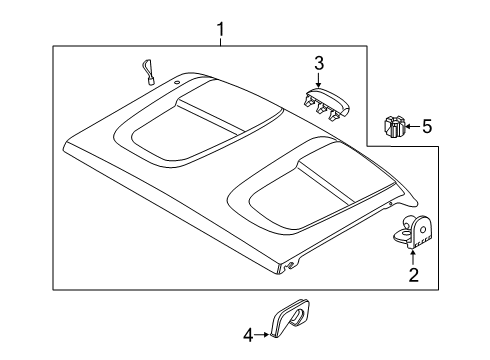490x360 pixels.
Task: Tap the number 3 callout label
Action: coord(318,64)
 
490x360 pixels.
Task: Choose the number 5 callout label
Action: coord(426,126)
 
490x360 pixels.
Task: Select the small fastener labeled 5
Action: coord(392,127)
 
